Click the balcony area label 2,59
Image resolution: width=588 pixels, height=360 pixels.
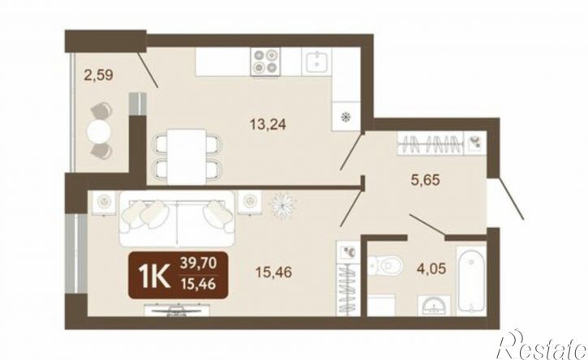click(x=99, y=75)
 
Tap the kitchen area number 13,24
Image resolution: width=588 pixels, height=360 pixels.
click(x=268, y=123)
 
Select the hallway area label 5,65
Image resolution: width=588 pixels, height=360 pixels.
click(x=424, y=180)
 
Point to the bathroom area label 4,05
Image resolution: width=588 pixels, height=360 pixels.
click(x=431, y=268)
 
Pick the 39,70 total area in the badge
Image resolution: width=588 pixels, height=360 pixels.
click(x=198, y=264)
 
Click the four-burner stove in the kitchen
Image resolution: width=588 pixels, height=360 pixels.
click(x=265, y=62)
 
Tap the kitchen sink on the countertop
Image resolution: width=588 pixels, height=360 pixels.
click(x=317, y=62)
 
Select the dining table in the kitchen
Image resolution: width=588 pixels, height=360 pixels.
click(x=187, y=156)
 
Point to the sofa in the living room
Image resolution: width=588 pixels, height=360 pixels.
click(x=178, y=218)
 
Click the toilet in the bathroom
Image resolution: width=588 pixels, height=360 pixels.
click(x=384, y=266)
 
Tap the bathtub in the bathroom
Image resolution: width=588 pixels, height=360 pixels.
click(x=471, y=280)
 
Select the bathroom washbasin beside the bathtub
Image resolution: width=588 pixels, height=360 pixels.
click(x=434, y=305)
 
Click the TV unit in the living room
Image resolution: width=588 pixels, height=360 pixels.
click(x=177, y=311)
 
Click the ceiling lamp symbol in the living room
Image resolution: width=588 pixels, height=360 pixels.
click(x=282, y=205)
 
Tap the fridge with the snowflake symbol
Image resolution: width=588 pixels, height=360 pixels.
click(x=346, y=116)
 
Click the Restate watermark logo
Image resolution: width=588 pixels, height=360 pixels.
click(x=542, y=345)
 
